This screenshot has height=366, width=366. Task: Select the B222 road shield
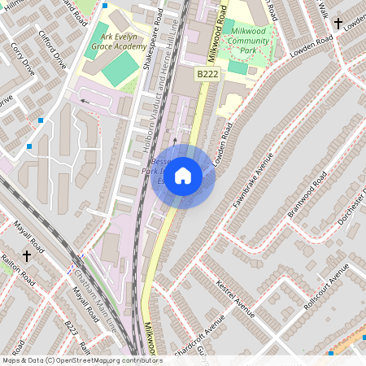click(206, 74)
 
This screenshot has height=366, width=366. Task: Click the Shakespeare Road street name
click(150, 41)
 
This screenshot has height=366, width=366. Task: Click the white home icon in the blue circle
click(183, 176)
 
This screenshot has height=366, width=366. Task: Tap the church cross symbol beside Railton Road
click(26, 256)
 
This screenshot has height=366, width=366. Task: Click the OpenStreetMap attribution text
click(81, 360)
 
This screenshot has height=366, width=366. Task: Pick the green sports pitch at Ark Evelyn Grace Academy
click(120, 71)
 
